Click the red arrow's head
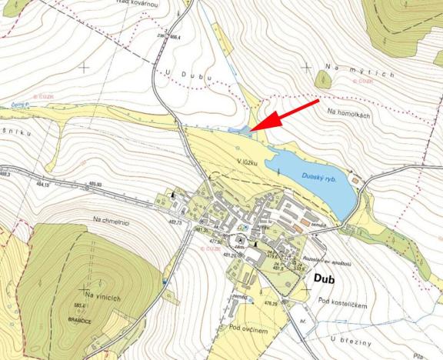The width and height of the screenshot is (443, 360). click(x=256, y=127)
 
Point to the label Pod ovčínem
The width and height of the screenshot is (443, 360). click(x=248, y=328)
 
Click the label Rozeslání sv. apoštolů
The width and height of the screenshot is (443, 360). click(x=329, y=262)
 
